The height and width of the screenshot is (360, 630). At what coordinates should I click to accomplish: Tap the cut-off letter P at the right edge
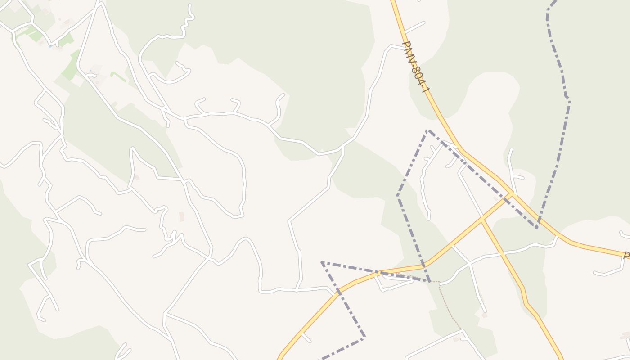[x=626, y=256]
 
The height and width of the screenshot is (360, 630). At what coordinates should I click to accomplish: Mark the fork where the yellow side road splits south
[x=481, y=220]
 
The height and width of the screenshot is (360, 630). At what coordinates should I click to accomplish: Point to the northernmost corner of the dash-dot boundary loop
[x=427, y=131]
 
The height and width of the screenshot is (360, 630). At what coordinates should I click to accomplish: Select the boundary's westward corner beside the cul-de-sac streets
[x=398, y=196]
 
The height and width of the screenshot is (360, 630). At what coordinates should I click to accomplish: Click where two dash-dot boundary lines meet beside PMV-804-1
[x=537, y=227]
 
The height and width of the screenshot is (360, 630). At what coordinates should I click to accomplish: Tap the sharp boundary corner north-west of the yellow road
[x=322, y=262]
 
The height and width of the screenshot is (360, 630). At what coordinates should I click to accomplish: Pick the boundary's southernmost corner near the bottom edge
[x=364, y=335]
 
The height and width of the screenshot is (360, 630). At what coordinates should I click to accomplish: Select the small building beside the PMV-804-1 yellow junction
[x=496, y=198]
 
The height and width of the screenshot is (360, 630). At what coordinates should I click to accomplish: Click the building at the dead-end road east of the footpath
[x=484, y=315]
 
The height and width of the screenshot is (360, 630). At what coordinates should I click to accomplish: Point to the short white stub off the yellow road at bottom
[x=306, y=337]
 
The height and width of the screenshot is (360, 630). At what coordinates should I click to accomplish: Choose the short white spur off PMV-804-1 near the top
[x=414, y=27]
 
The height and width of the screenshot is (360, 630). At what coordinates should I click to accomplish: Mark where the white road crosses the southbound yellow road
[x=500, y=254]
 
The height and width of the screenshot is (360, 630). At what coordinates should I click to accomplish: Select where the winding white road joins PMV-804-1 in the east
[x=557, y=236]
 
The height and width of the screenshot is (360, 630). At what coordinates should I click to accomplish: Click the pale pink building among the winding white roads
[x=181, y=216]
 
